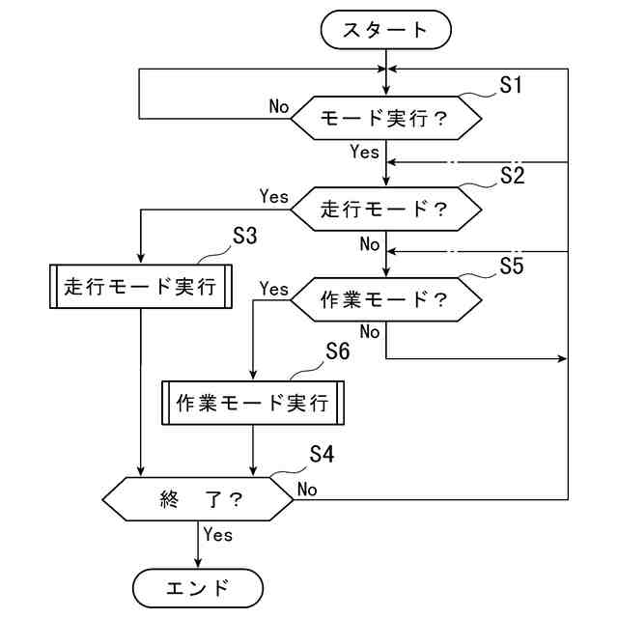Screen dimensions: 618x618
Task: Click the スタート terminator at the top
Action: [385, 30]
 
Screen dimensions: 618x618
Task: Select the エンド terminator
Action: [198, 587]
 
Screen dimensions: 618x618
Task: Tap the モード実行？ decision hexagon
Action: [386, 118]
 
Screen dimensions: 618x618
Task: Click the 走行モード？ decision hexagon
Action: [386, 208]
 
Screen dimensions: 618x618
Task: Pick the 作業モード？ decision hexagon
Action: [386, 298]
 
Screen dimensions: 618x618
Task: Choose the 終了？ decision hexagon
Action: [198, 499]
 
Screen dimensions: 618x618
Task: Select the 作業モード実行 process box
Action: [252, 404]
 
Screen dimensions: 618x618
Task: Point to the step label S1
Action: [511, 86]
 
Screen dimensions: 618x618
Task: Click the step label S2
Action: [512, 175]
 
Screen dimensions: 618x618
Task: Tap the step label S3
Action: [245, 237]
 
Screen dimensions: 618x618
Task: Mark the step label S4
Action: [322, 453]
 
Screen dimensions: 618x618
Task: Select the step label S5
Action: [511, 266]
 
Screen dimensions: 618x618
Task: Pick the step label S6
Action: [337, 352]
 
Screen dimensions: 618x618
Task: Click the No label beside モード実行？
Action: [279, 106]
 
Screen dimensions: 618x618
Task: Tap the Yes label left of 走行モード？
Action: [274, 196]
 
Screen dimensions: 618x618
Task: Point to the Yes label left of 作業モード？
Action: [274, 288]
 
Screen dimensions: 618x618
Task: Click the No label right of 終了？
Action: [308, 490]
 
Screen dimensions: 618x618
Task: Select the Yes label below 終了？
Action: [218, 534]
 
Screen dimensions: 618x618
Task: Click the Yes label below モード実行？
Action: [364, 152]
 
